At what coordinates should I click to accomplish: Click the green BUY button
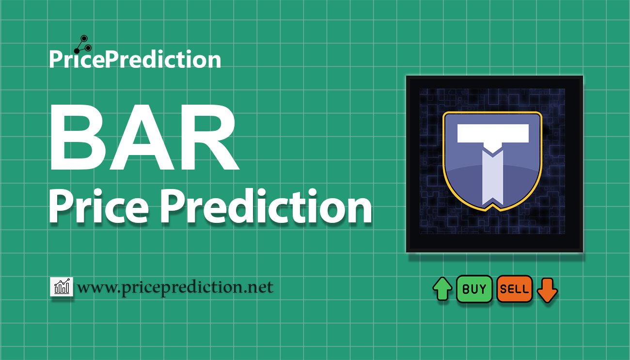(474, 289)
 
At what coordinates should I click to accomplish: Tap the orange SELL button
(515, 289)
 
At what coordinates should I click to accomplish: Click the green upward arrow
(442, 289)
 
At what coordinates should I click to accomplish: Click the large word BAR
(144, 137)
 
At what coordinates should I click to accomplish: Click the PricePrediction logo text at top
(135, 59)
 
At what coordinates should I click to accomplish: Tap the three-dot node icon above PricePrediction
(83, 45)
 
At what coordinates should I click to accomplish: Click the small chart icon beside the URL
(62, 286)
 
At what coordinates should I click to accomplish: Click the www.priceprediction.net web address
(175, 287)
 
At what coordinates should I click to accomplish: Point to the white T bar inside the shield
(493, 133)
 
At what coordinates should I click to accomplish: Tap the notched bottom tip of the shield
(493, 208)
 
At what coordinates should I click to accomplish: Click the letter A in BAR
(141, 137)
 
